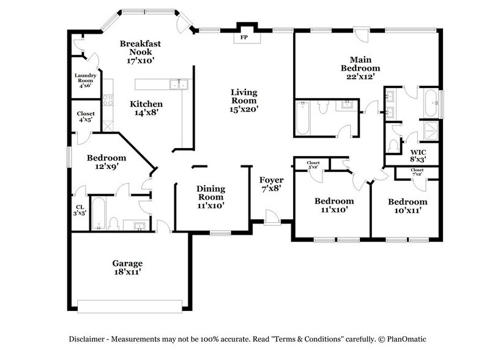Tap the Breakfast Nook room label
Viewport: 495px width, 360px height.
[x=136, y=52]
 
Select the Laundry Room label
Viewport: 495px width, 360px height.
[x=85, y=80]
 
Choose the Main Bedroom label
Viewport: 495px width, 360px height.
[x=365, y=64]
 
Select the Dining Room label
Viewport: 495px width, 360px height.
[x=210, y=197]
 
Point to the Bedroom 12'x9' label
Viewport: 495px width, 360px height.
[x=106, y=162]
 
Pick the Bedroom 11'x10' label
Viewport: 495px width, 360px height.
[x=333, y=205]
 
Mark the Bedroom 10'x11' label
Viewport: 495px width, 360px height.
[x=407, y=206]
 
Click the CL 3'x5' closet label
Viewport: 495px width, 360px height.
[x=80, y=209]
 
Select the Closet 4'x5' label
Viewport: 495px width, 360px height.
[x=85, y=116]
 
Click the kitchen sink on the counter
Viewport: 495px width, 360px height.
[x=178, y=85]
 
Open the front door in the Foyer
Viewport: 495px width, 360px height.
[x=270, y=217]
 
